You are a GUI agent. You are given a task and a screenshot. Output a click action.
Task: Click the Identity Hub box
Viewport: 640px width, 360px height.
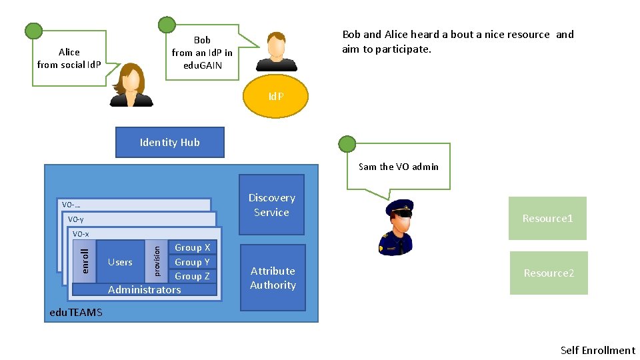pyautogui.click(x=169, y=142)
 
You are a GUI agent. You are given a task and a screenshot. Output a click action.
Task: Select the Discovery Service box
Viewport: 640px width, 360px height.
pyautogui.click(x=271, y=205)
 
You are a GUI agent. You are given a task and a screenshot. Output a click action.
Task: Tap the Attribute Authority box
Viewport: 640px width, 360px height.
pyautogui.click(x=272, y=278)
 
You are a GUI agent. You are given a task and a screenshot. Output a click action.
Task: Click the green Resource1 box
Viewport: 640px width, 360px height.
pyautogui.click(x=547, y=218)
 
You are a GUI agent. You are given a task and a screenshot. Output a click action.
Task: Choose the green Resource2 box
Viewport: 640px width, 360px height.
pyautogui.click(x=549, y=273)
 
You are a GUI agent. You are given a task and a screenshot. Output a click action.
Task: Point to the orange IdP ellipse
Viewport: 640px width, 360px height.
pyautogui.click(x=275, y=96)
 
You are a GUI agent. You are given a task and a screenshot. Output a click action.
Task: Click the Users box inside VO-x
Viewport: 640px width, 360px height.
pyautogui.click(x=120, y=262)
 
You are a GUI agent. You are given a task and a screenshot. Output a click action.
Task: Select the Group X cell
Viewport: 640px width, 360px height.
pyautogui.click(x=192, y=247)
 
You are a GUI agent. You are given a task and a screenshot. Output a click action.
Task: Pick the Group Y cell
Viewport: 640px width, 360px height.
pyautogui.click(x=192, y=262)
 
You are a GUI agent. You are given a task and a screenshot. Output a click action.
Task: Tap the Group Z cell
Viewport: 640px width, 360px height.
pyautogui.click(x=192, y=276)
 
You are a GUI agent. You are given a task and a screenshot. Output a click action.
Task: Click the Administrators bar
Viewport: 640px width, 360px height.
pyautogui.click(x=144, y=290)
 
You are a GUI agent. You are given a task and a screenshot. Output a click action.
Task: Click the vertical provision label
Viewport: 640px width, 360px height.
pyautogui.click(x=157, y=261)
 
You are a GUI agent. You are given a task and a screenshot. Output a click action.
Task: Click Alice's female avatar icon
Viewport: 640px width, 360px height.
pyautogui.click(x=131, y=85)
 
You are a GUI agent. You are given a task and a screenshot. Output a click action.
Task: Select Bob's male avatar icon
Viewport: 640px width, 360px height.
pyautogui.click(x=276, y=51)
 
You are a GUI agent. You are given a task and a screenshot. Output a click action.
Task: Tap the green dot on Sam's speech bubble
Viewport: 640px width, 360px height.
pyautogui.click(x=347, y=143)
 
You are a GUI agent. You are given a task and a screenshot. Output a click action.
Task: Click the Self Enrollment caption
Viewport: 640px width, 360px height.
pyautogui.click(x=597, y=350)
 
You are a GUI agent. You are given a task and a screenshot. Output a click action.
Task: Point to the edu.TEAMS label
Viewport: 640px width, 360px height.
pyautogui.click(x=76, y=312)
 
